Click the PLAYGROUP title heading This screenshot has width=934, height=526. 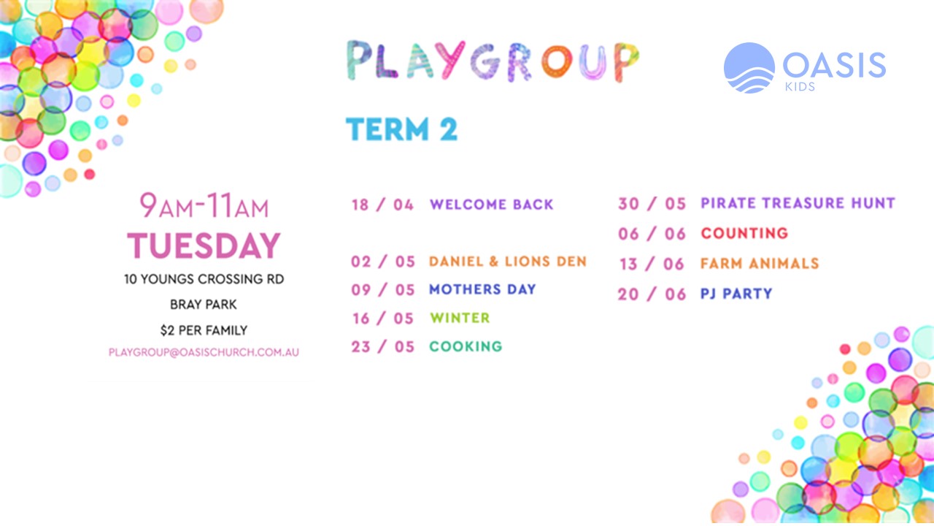[493, 61]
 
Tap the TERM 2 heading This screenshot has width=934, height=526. [401, 129]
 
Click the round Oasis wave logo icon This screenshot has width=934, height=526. [749, 68]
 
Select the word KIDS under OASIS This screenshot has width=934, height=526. [800, 87]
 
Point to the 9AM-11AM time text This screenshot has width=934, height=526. [204, 205]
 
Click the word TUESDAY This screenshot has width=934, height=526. [204, 245]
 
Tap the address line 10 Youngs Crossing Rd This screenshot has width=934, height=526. [204, 279]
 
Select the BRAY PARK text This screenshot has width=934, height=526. [204, 305]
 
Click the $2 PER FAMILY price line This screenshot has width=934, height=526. [204, 331]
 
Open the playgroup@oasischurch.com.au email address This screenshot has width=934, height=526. [204, 352]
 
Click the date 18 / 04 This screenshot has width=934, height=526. [383, 205]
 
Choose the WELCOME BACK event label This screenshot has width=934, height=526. [492, 205]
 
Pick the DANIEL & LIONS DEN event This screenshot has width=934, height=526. [508, 262]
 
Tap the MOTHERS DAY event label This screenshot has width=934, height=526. [482, 289]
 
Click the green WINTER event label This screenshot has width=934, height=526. [460, 318]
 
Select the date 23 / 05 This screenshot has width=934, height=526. [383, 347]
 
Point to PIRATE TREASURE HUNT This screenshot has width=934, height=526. [798, 203]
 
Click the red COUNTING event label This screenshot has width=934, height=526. [744, 233]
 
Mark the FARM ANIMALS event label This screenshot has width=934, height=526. [760, 264]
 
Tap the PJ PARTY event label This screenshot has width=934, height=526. [736, 294]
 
